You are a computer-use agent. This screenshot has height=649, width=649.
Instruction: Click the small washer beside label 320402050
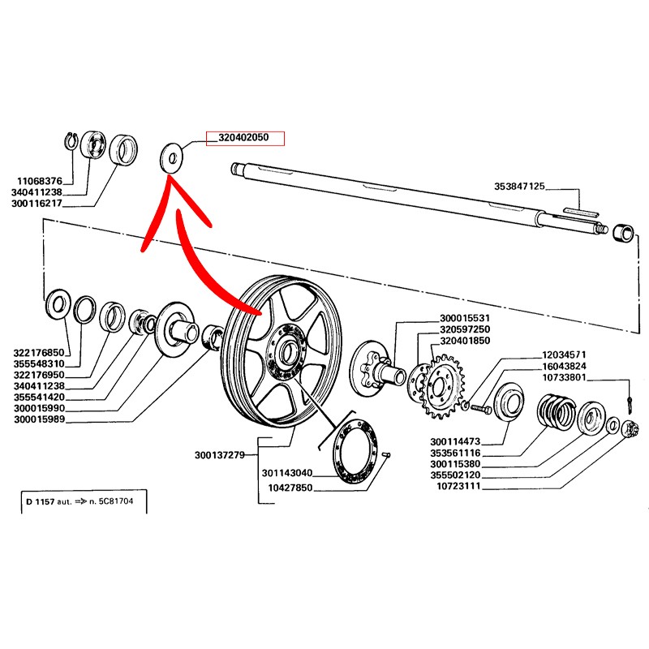point(171,156)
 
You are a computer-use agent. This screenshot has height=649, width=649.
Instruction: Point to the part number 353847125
point(519,186)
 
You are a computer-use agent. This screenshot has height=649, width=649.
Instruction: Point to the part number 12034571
point(569,355)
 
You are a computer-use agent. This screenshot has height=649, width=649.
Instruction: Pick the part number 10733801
point(569,377)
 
